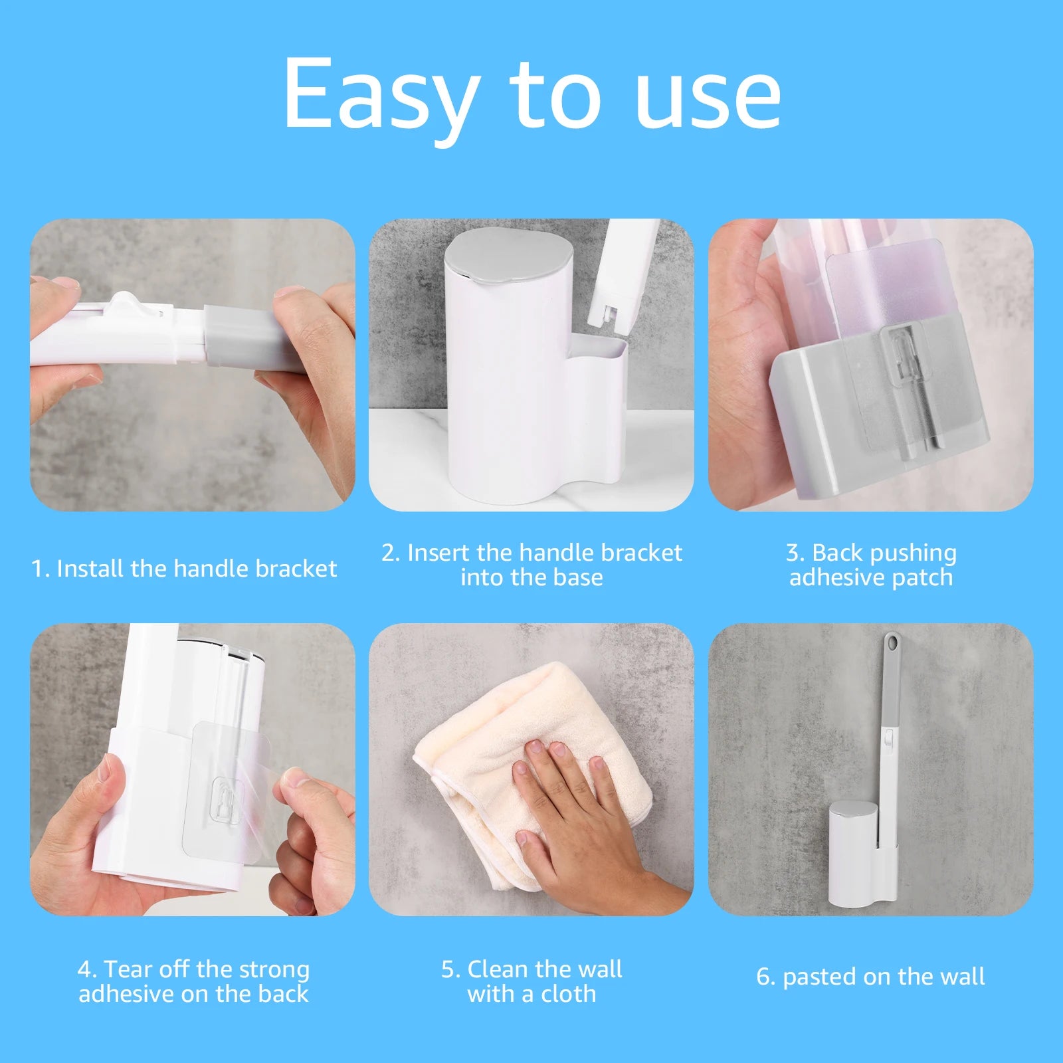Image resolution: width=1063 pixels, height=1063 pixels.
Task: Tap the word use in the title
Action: [x=708, y=94]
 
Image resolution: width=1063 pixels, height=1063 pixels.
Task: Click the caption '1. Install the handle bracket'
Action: [x=184, y=569]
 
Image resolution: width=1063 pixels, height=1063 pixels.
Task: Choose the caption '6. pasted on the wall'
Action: [x=870, y=977]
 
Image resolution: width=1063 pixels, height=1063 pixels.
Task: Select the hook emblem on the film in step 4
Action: [x=226, y=804]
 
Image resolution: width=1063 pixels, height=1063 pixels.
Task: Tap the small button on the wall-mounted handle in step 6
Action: [x=888, y=735]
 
